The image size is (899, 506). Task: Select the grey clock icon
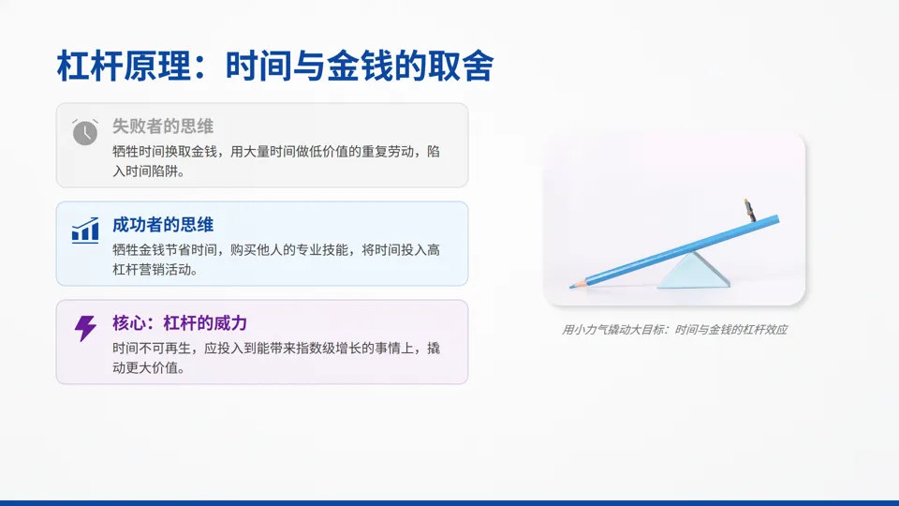point(85,132)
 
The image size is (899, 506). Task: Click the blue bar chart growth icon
point(85,230)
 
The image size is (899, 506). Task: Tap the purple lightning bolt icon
point(85,328)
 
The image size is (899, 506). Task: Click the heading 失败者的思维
point(163,126)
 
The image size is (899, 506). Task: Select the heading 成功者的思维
point(163,225)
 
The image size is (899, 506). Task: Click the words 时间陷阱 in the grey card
point(149,171)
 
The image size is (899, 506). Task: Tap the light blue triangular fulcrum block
point(694,271)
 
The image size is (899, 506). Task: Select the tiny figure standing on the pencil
point(748,209)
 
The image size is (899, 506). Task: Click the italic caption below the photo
point(674,329)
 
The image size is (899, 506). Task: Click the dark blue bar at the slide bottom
point(449,502)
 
